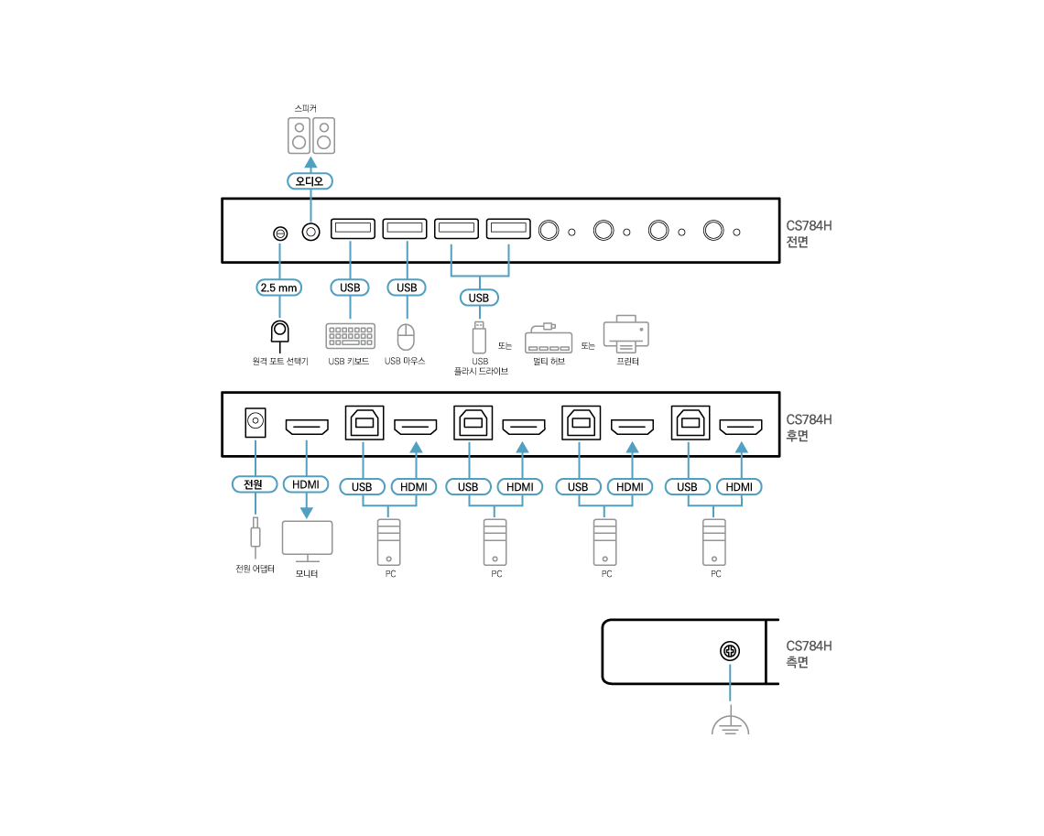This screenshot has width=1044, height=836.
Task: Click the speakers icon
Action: [x=310, y=136]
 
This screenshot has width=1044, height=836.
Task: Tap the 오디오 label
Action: [x=310, y=181]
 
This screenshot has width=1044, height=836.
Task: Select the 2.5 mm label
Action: [x=279, y=288]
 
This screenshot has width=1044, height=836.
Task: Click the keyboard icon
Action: [x=350, y=336]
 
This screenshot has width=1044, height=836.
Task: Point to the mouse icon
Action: [x=406, y=337]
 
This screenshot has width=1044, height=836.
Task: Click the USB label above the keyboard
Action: [x=350, y=288]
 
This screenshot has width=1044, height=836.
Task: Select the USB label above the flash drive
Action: [x=478, y=298]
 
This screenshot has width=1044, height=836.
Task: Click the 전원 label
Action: [x=254, y=484]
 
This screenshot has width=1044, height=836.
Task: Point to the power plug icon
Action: [x=255, y=537]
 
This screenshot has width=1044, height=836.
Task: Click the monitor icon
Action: [x=307, y=540]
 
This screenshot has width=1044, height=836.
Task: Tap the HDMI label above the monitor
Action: [x=305, y=484]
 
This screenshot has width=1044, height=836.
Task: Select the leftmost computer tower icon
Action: [x=388, y=541]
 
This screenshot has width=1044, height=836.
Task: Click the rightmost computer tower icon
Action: [x=714, y=541]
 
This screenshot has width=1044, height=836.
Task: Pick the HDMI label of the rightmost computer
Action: [x=739, y=487]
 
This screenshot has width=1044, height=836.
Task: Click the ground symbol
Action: [x=730, y=724]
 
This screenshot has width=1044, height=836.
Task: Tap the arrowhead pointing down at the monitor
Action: [x=306, y=512]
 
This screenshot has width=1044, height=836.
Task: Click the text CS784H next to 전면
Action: [x=809, y=226]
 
